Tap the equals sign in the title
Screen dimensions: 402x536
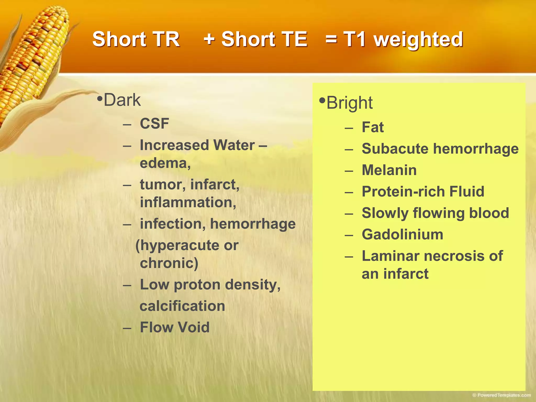point(331,39)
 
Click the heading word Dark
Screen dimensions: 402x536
point(122,100)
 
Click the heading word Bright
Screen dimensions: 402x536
point(349,103)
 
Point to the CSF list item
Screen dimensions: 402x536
point(154,124)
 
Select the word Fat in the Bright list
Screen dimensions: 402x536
point(372,127)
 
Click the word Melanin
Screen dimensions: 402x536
point(389,170)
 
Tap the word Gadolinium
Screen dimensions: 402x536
point(402,234)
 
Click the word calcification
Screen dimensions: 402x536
point(182,306)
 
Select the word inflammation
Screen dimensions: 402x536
point(188,203)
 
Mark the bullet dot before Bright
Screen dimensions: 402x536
point(322,100)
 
